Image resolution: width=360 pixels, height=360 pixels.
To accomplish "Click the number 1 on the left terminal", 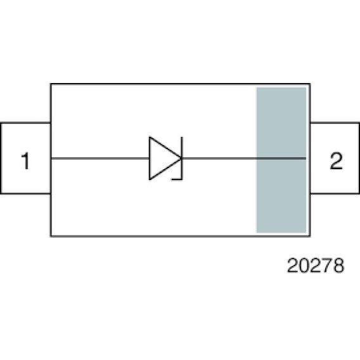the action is pos(26,161).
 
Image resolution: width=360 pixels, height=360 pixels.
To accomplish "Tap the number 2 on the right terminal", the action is pos(336,161).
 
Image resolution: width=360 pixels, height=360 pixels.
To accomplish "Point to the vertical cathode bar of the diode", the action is pos(182,158).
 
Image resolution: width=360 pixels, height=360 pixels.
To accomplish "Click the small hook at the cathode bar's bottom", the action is pos(177,179).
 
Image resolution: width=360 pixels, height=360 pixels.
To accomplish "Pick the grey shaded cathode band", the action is pos(281,160).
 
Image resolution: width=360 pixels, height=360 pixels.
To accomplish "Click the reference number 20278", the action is pos(316,265).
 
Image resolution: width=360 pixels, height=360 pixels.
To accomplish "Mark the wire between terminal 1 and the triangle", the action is pos(100,158).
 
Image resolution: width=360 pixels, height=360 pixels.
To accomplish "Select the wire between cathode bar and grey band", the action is pos(219,158).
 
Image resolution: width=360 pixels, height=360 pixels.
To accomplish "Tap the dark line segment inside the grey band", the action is pos(281,158).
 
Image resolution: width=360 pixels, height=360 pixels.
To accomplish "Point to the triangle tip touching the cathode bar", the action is pos(181,158).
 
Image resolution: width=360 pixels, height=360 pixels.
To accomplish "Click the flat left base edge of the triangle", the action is pos(150,158).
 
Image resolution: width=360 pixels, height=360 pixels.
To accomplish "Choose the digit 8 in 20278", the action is pos(339,265).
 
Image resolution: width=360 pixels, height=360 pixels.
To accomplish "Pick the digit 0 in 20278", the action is pos(304,265).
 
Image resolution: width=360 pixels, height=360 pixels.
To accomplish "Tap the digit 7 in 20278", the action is pos(327,265).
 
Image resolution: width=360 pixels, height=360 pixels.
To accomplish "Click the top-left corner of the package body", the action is pos(51,84).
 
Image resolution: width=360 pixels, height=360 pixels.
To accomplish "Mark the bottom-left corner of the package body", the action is pos(51,236).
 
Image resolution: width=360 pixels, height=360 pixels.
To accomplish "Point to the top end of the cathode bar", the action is pos(182,137).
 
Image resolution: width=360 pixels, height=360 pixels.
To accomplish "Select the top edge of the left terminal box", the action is pos(26,123).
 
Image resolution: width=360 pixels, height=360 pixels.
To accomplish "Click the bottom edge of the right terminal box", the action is pos(335,193).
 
